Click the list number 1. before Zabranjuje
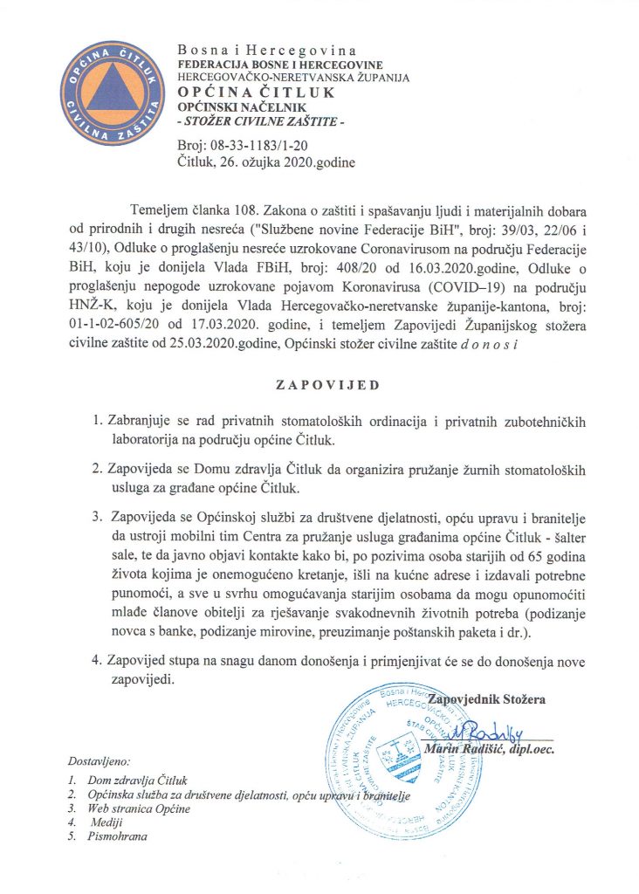99,422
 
